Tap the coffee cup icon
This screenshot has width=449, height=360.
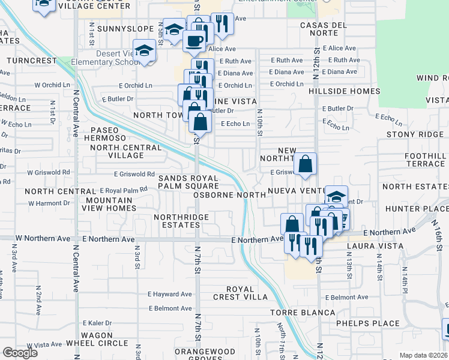pyautogui.click(x=193, y=40)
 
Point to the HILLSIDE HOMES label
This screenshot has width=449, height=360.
pyautogui.click(x=345, y=91)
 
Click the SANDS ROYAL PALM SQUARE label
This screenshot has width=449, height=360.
pyautogui.click(x=188, y=182)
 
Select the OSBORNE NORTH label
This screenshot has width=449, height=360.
pyautogui.click(x=233, y=195)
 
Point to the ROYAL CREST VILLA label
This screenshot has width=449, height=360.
pyautogui.click(x=243, y=293)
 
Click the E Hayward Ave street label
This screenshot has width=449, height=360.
pyautogui.click(x=170, y=295)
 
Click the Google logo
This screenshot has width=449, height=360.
pyautogui.click(x=20, y=352)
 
